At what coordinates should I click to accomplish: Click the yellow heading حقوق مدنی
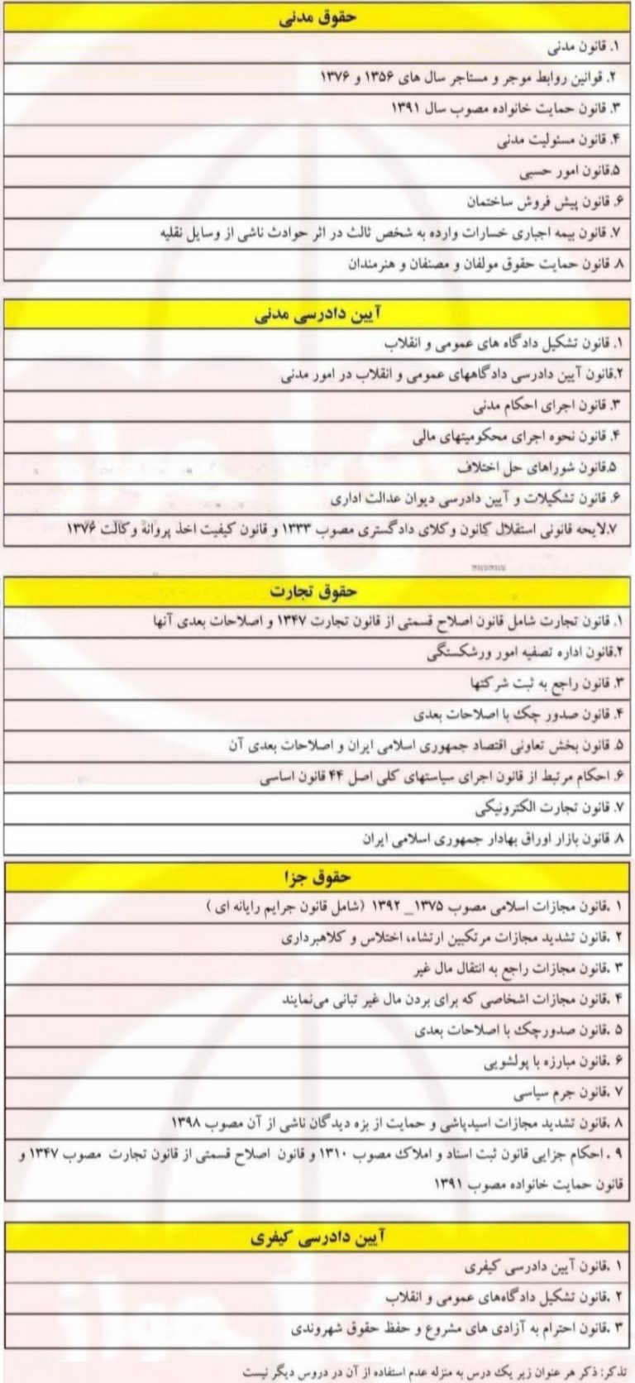[x=317, y=18]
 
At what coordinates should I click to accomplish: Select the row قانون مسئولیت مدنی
[x=553, y=141]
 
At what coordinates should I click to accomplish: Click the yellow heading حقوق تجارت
[x=317, y=590]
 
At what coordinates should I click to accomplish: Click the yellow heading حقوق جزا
[x=317, y=876]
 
